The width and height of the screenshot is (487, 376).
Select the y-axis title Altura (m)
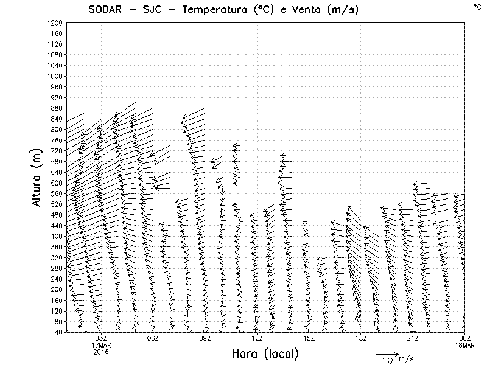(38, 177)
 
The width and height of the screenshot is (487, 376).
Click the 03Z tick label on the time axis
(101, 338)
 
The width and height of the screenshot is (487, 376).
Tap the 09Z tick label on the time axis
(205, 338)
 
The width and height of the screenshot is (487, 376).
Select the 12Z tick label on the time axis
(257, 338)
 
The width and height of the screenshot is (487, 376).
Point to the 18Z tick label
(361, 338)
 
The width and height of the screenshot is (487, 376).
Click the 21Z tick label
(413, 338)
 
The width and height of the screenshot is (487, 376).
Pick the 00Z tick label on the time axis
(464, 338)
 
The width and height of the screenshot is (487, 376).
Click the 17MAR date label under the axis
(101, 345)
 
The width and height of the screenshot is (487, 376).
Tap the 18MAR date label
(464, 345)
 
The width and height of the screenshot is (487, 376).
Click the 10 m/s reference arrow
(387, 353)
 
